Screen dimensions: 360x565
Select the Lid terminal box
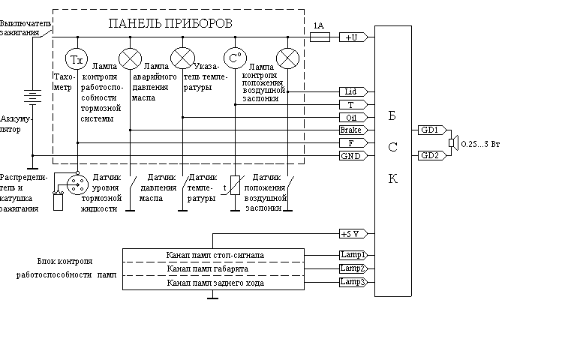point(351,91)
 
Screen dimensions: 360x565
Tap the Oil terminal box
point(351,117)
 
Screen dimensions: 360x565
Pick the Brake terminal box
point(351,130)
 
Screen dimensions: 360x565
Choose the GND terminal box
point(351,155)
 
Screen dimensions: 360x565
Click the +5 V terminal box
point(351,233)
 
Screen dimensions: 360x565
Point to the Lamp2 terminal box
point(352,268)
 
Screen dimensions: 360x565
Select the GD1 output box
point(428,130)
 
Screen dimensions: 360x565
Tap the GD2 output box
point(428,155)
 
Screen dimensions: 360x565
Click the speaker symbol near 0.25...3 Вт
point(452,142)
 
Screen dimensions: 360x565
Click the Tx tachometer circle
point(76,58)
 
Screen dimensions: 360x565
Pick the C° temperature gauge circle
point(235,58)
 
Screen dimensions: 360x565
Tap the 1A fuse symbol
point(320,37)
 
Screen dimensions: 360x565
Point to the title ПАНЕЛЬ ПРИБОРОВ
point(172,23)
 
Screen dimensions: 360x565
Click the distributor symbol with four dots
point(75,184)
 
